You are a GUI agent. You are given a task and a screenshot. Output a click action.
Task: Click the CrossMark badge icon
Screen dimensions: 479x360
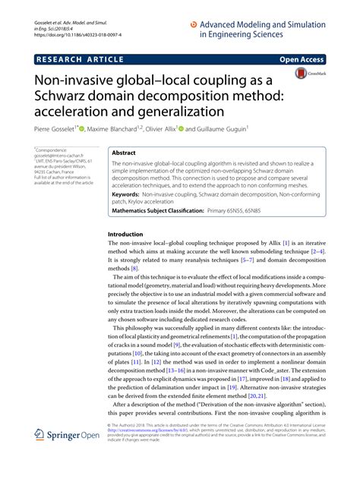[x=304, y=75]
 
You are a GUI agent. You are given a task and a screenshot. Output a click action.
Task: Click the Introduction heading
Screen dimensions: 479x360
[x=126, y=234]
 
